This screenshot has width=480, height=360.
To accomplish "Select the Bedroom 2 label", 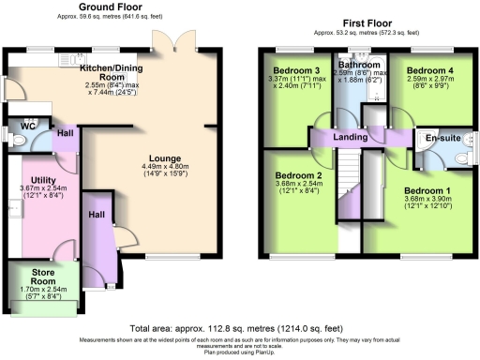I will point(297,175).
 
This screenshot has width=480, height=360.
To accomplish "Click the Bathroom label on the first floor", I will point(358,64).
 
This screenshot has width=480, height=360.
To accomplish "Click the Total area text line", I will point(238,328).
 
